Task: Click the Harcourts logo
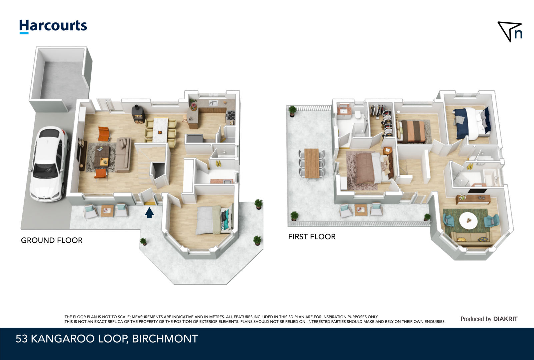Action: (x=53, y=26)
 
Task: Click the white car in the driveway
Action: (x=49, y=164)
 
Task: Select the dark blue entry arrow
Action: (x=149, y=213)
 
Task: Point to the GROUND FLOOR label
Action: (x=52, y=240)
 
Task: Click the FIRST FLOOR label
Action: (x=312, y=237)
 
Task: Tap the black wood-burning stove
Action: (x=138, y=114)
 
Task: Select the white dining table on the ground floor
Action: (x=160, y=130)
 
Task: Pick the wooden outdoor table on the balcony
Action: (x=312, y=163)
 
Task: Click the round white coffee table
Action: (x=468, y=221)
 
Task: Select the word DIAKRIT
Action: (x=505, y=319)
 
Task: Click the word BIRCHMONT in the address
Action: (x=165, y=339)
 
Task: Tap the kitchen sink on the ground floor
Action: (x=213, y=103)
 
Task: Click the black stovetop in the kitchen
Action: (x=231, y=115)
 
